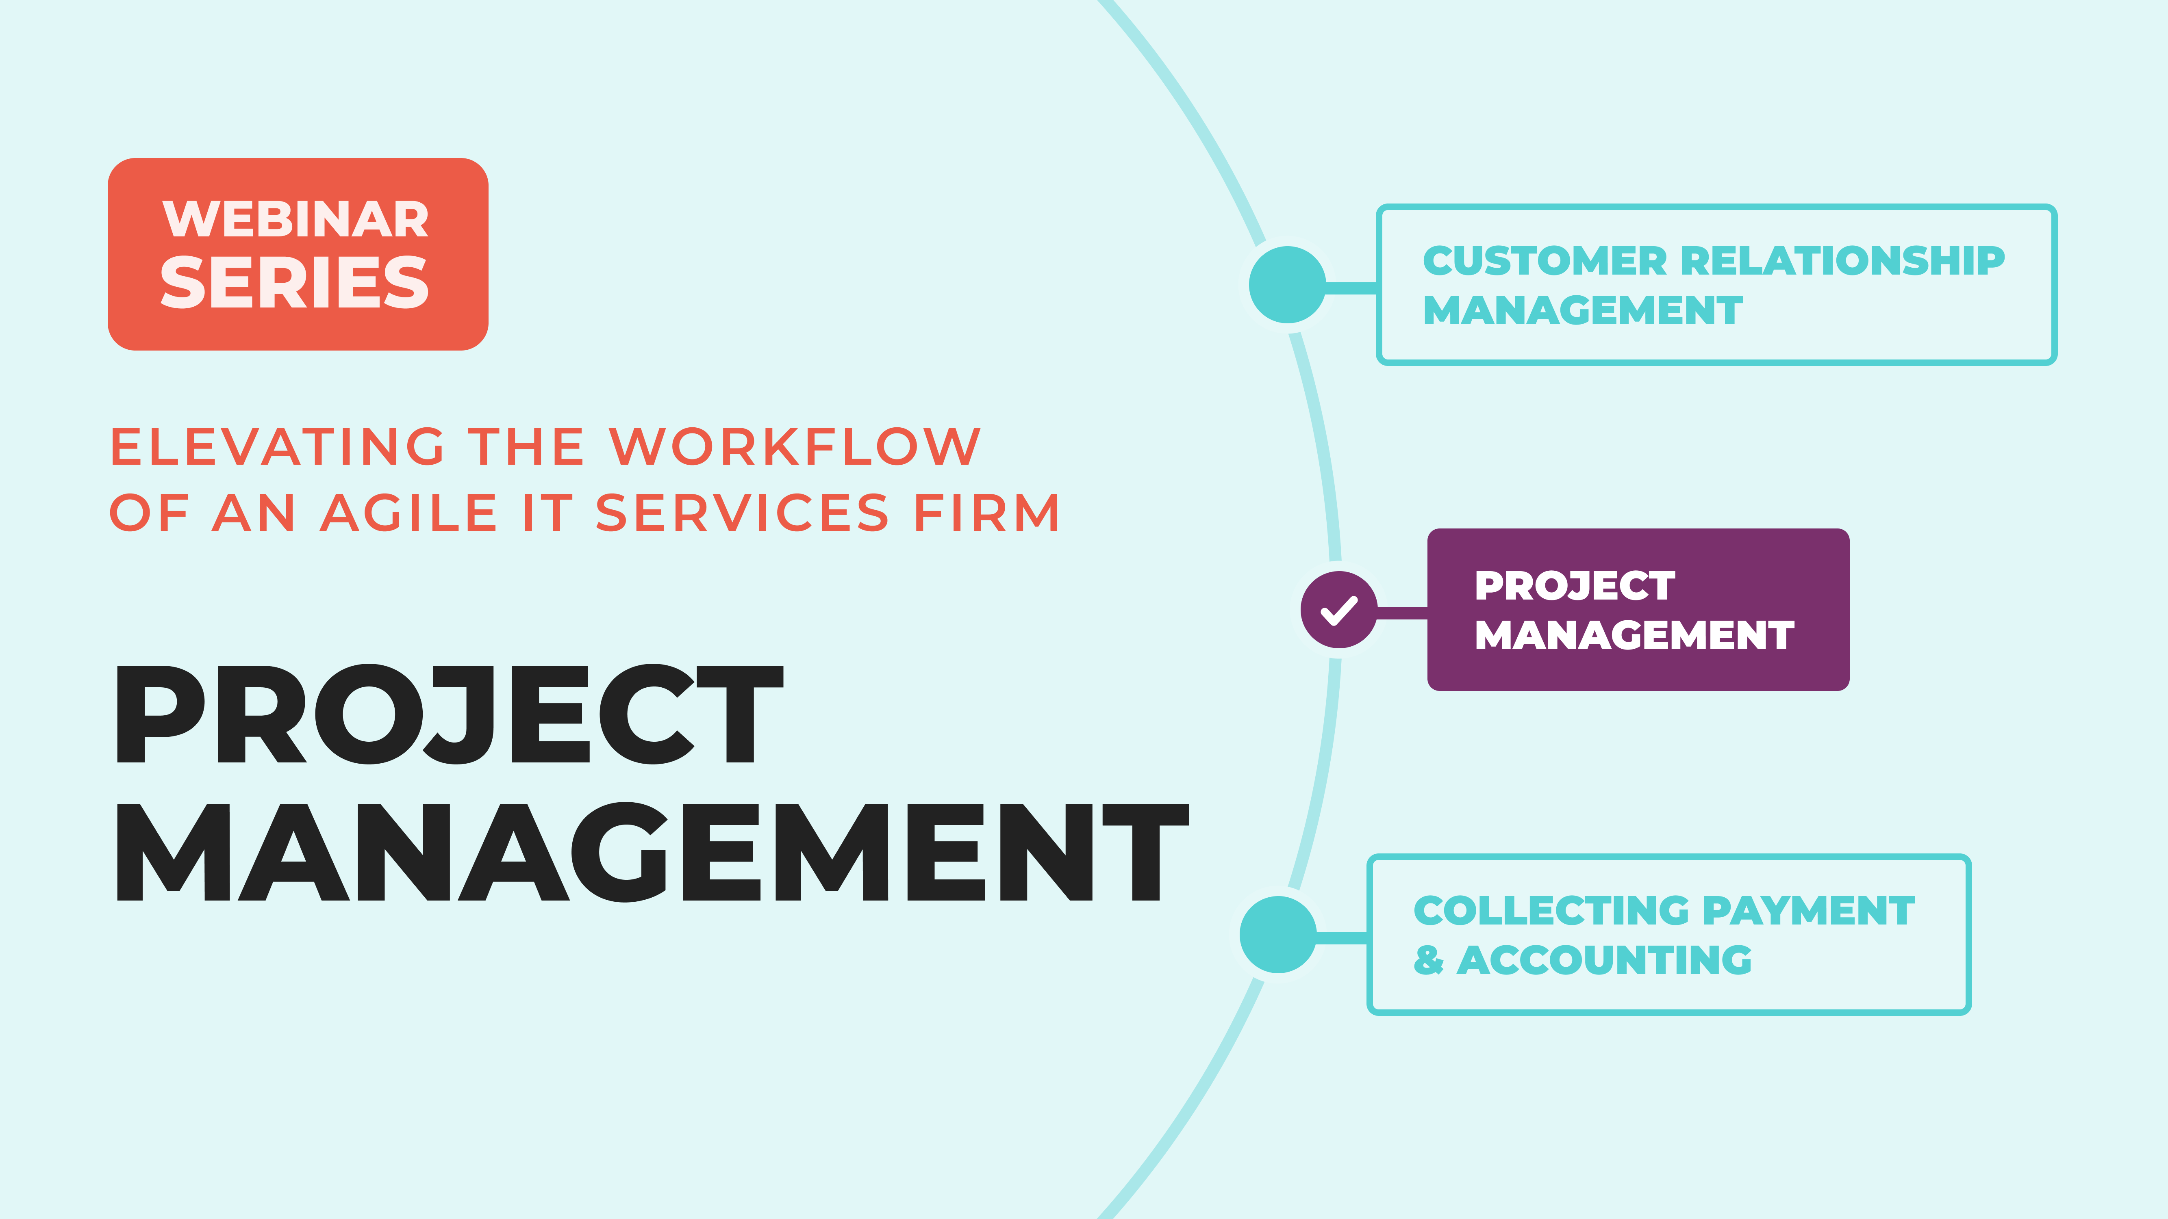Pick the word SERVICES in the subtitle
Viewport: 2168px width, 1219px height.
(742, 513)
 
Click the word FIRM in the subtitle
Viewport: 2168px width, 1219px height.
(986, 513)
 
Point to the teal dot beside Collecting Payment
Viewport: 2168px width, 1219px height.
(1277, 935)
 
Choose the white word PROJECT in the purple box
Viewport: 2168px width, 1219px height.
(1575, 587)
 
